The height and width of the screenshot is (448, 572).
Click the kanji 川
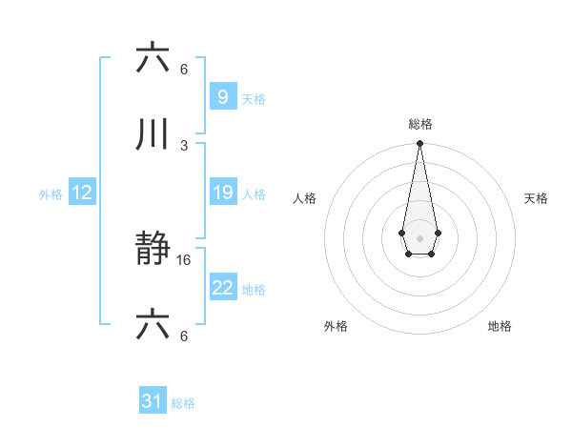point(153,134)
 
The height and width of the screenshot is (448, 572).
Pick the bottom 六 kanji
point(153,327)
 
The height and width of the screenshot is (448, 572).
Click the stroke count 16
point(185,259)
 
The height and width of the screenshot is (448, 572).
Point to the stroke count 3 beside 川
point(184,144)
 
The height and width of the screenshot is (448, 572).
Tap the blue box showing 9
point(222,96)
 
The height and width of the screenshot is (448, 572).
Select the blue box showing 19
point(222,193)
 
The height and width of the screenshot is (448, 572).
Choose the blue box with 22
point(222,288)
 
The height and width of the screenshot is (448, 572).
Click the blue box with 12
point(81,193)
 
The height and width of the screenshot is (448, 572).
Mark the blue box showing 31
point(153,401)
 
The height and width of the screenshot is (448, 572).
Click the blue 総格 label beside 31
point(183,403)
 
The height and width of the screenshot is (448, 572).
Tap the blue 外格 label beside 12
point(51,194)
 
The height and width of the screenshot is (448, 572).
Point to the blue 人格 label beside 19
point(254,194)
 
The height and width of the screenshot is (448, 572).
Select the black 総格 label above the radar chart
point(419,124)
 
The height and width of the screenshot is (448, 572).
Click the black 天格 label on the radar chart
point(536,198)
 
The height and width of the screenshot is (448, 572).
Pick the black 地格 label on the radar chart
point(500,326)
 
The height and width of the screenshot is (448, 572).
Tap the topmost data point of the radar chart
point(419,144)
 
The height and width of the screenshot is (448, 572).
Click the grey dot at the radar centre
point(419,237)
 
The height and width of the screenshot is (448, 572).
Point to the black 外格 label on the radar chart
point(336,326)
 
